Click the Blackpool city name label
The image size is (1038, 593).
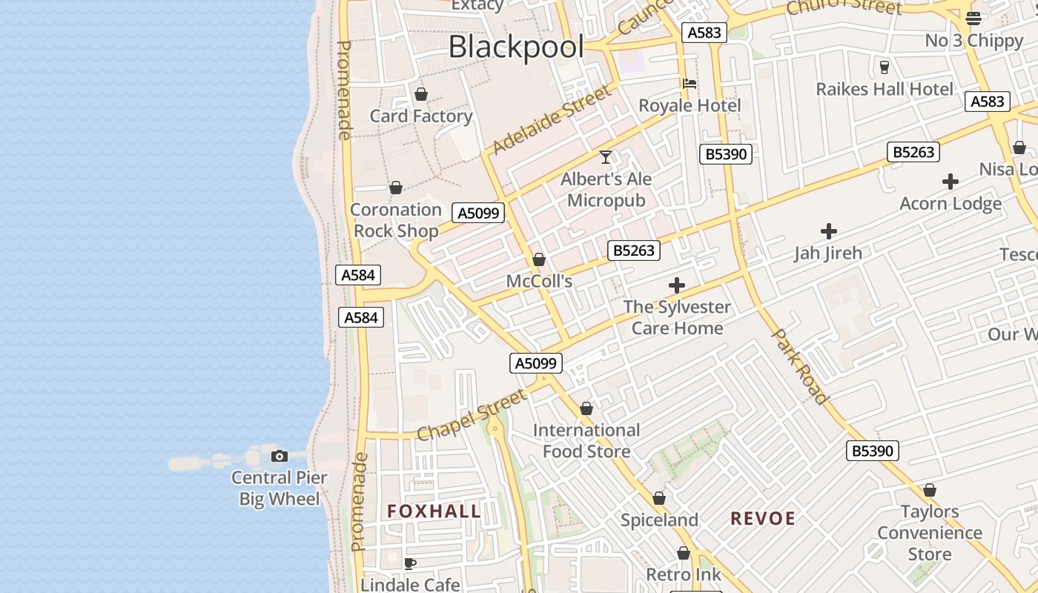pos(516,47)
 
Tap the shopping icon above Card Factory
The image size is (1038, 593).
pos(421,94)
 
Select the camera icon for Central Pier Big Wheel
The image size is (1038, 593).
pos(280,456)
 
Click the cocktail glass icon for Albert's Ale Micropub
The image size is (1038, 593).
pos(606,157)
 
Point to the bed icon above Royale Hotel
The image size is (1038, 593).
pos(690,84)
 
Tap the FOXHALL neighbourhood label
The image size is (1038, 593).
pos(434,511)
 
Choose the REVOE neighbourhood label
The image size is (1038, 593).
pos(763,518)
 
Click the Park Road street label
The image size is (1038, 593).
pos(800,367)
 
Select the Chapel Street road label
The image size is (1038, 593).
pos(472,415)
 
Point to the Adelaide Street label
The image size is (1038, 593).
pos(552,119)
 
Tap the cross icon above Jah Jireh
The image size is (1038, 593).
pos(829,231)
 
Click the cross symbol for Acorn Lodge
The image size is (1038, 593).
pos(950,182)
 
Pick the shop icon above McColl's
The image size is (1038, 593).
pos(539,260)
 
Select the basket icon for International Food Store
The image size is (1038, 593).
pos(586,409)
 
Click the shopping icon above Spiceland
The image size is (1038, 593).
pos(659,499)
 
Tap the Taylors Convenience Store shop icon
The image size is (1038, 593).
pos(930,491)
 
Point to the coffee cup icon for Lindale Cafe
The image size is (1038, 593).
pos(409,564)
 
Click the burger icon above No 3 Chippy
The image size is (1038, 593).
pos(973,18)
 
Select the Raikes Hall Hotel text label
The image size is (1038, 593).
pos(885,89)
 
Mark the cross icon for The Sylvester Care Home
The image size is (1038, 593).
pos(676,285)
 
